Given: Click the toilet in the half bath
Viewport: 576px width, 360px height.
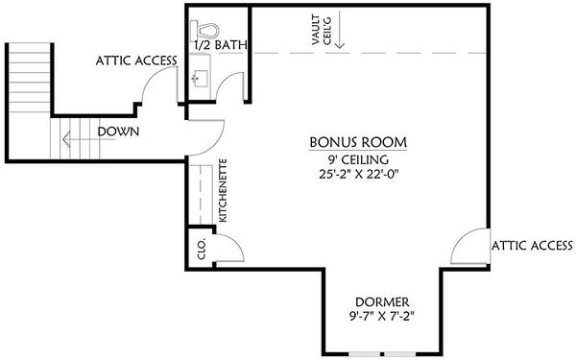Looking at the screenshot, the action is [204, 31].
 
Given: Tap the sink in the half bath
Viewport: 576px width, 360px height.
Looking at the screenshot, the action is [199, 79].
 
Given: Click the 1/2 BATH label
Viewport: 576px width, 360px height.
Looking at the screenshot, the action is [221, 45].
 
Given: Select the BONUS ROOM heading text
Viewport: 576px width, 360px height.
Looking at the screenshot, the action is [358, 142].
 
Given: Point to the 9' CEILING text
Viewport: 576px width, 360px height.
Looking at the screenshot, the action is [358, 159].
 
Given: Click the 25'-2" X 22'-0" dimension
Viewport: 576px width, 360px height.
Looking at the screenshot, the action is [359, 174].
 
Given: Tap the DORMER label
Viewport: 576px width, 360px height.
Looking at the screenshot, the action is [382, 302].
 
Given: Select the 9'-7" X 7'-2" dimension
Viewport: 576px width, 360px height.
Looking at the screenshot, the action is [382, 316].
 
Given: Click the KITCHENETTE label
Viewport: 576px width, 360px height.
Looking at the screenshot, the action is [223, 190].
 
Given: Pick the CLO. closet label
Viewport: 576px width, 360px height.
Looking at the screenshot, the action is [202, 249].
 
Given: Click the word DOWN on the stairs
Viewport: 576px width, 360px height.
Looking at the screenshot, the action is [118, 132].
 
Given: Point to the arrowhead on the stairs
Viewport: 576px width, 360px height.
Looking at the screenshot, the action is [66, 139].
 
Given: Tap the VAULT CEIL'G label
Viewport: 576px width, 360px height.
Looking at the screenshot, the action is [321, 30].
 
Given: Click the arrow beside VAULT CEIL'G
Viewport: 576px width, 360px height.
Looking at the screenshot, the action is [340, 30].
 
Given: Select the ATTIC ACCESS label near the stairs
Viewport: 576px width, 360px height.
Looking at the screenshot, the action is [136, 60].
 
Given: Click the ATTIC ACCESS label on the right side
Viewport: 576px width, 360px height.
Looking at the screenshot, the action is [532, 246].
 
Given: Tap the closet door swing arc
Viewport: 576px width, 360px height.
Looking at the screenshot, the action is [235, 243].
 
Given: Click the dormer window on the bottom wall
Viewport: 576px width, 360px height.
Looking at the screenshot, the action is [382, 354].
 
